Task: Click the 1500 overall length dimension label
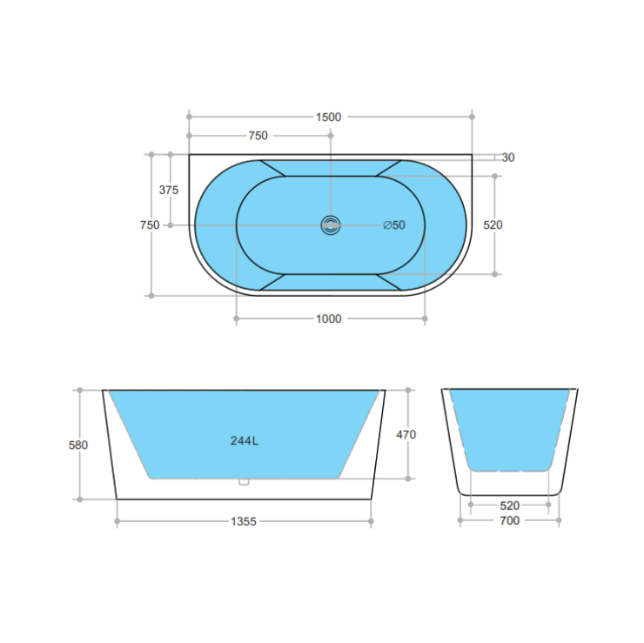[329, 117]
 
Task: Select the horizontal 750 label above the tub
[258, 136]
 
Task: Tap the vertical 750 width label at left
[150, 225]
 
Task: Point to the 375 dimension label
[170, 190]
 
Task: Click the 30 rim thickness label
[508, 157]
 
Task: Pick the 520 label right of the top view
[493, 225]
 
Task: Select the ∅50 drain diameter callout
[394, 225]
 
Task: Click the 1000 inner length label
[328, 319]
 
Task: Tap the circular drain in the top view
[331, 225]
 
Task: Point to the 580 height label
[78, 445]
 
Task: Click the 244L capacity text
[244, 440]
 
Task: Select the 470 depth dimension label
[406, 434]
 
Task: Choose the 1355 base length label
[244, 522]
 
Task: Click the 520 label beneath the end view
[509, 505]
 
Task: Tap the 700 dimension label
[509, 521]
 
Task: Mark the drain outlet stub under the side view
[244, 480]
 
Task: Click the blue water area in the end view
[510, 426]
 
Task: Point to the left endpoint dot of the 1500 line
[189, 116]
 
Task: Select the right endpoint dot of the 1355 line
[372, 522]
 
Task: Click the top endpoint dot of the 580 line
[79, 390]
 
